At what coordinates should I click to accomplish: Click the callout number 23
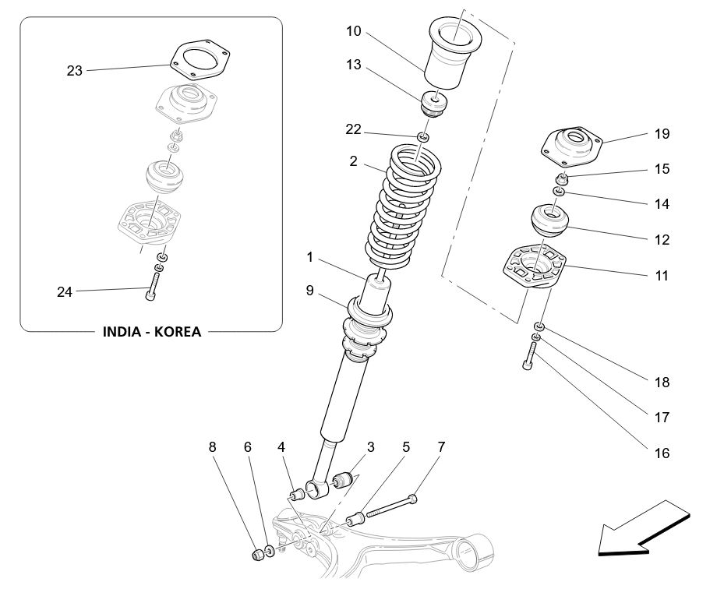74,71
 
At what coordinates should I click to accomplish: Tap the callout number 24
65,292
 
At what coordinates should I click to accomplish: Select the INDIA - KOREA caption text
152,331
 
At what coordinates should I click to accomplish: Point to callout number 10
354,31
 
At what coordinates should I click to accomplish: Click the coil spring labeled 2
403,206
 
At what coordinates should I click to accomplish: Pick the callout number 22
354,129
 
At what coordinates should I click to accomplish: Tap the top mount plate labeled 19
573,145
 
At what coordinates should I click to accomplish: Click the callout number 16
662,453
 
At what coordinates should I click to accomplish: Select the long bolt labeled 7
390,506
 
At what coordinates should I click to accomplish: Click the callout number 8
213,447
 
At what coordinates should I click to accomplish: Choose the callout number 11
662,275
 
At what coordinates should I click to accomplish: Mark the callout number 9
309,291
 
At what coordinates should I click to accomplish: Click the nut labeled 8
258,555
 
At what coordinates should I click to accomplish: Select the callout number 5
406,447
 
